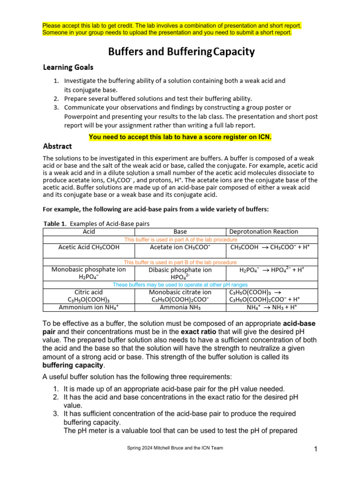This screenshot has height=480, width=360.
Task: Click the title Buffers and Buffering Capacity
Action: tap(181, 52)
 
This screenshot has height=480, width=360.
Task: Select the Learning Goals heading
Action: tap(68, 67)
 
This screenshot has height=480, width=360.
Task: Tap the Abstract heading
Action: tap(57, 146)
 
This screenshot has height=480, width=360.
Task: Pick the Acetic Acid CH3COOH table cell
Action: tap(89, 247)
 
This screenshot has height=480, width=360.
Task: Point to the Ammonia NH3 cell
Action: tap(180, 307)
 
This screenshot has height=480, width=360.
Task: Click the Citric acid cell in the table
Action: tap(89, 292)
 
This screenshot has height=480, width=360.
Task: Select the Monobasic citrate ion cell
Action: tap(180, 292)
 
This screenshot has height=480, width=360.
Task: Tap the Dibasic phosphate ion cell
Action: tap(180, 270)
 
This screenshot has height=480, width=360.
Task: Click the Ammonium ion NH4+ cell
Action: tap(89, 307)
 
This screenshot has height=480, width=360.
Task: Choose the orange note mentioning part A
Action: tap(180, 240)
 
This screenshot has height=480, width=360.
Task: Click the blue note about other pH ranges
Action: tap(180, 285)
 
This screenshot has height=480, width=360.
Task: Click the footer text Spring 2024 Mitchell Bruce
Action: tap(175, 448)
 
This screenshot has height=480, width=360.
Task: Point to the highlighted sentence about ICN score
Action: tap(180, 137)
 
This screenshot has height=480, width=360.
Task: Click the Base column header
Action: tap(180, 231)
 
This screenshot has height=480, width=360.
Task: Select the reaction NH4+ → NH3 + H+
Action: tap(272, 307)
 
